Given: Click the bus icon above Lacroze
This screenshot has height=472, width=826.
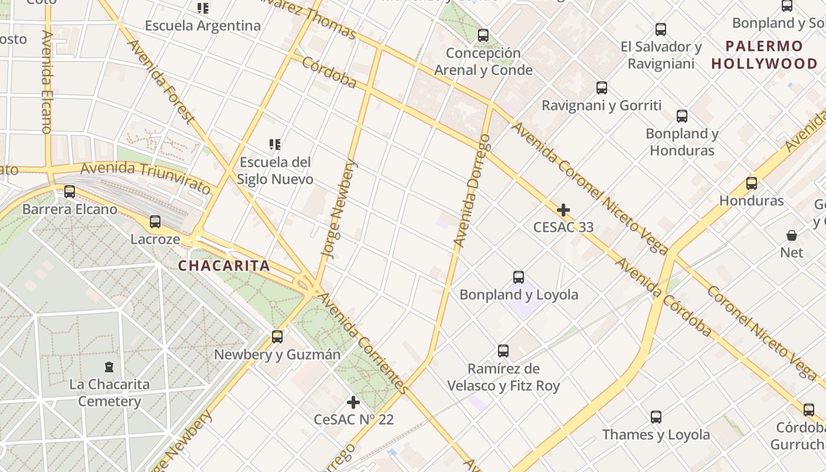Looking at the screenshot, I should [x=155, y=222].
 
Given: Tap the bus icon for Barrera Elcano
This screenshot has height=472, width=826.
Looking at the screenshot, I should [x=70, y=192].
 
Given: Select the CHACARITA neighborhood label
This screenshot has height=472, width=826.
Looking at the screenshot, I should [x=224, y=266].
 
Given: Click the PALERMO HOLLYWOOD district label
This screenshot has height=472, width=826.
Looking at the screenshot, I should [x=765, y=55].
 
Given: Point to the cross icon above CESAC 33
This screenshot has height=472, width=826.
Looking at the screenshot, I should [x=563, y=210].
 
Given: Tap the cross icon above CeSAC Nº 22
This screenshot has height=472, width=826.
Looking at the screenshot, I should [x=353, y=402].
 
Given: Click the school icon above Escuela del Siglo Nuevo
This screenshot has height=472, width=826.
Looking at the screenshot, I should [x=275, y=145].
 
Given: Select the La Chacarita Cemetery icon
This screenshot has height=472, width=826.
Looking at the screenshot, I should [x=109, y=367].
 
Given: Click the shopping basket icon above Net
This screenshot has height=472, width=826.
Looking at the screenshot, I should [x=792, y=235].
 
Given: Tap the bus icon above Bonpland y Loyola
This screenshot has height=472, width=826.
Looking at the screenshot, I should [x=519, y=277].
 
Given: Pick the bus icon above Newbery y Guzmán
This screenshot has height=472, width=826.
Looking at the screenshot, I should [x=277, y=337].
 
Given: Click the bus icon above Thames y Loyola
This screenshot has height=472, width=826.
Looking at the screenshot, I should [x=656, y=417].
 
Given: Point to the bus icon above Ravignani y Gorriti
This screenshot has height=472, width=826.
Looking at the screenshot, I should [x=602, y=88].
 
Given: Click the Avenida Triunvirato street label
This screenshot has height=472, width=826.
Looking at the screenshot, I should [x=146, y=177].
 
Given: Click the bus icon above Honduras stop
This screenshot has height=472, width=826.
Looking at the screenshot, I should [x=752, y=183].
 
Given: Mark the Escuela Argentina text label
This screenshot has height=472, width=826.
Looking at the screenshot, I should [x=203, y=26].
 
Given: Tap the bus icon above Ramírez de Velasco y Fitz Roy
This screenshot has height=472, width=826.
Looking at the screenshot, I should [x=503, y=351].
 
